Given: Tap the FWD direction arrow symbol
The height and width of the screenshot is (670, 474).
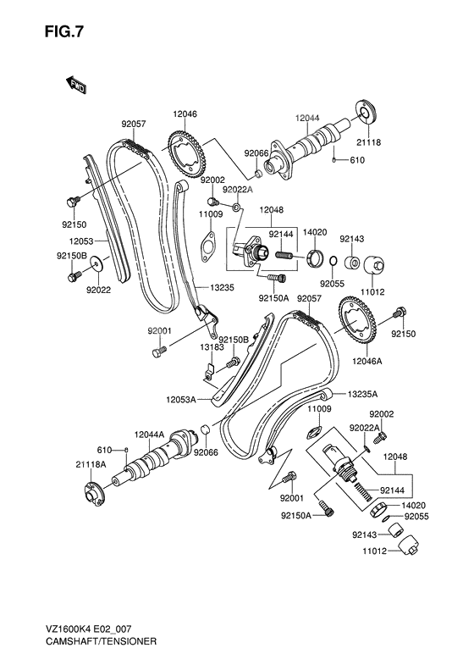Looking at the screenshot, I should tap(74, 83).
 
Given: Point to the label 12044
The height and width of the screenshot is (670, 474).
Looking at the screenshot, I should tap(307, 118).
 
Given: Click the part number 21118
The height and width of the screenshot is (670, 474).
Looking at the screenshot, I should tap(368, 143).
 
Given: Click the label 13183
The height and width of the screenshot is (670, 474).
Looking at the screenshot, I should tap(212, 346).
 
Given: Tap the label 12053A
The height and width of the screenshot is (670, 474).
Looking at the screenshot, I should tap(181, 398).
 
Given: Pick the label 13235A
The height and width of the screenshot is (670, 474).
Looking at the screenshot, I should tap(361, 394).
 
